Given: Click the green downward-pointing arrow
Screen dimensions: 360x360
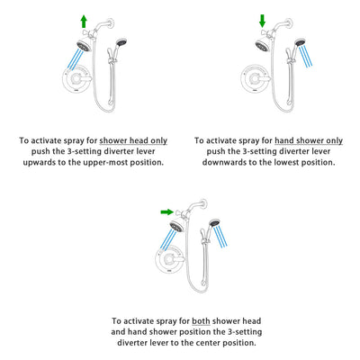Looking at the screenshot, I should tap(262, 21).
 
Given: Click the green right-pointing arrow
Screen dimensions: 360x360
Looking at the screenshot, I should tap(166, 212).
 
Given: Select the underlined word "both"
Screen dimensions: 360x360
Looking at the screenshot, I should tap(202, 321).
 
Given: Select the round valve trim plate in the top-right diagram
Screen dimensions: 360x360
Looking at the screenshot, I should tap(256, 84).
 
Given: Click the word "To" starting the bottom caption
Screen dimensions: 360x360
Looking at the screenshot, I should tap(118, 321).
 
